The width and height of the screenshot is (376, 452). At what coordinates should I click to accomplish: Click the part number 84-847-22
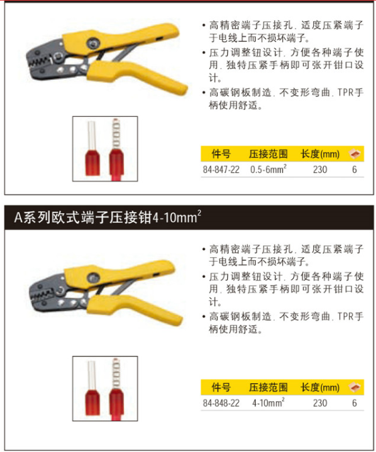[x=221, y=170]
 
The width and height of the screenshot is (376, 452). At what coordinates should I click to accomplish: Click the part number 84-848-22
[x=221, y=403]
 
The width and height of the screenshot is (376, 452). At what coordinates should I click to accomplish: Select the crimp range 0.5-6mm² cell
[x=268, y=169]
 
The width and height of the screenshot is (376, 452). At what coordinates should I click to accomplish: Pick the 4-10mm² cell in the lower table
[x=268, y=402]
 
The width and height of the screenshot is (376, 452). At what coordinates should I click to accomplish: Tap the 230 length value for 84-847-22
[x=320, y=170]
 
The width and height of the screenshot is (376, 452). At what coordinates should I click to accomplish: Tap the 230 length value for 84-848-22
[x=320, y=403]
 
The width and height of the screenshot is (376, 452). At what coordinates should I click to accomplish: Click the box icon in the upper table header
[x=355, y=154]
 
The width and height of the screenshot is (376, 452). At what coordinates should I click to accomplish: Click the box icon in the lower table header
[x=355, y=387]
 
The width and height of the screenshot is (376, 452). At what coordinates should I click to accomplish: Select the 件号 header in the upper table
[x=221, y=154]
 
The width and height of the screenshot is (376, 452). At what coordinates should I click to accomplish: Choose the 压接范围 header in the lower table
[x=268, y=387]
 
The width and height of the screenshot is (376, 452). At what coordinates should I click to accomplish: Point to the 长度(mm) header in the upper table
[x=320, y=154]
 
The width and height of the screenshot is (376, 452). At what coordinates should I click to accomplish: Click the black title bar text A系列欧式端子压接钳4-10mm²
[x=108, y=217]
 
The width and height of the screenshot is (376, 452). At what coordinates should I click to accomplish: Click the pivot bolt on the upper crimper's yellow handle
[x=93, y=43]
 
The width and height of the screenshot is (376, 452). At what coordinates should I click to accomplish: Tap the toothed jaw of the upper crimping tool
[x=39, y=62]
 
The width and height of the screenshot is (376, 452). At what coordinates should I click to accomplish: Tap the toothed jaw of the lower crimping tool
[x=41, y=295]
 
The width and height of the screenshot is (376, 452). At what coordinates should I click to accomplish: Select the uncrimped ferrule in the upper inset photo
[x=92, y=148]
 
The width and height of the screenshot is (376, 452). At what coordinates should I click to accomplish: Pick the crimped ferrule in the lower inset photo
[x=116, y=389]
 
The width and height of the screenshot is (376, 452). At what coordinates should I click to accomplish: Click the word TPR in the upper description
[x=345, y=92]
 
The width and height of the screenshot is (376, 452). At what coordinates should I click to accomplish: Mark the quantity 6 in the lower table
[x=355, y=403]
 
